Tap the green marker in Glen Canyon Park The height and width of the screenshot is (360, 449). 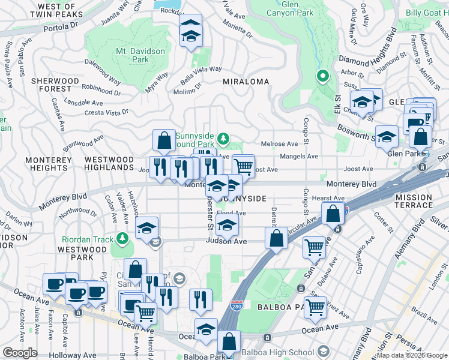(x=322, y=76)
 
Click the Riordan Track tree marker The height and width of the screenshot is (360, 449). (x=122, y=239)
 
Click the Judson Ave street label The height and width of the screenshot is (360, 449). (x=226, y=241)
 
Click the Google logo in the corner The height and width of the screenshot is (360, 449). (x=20, y=353)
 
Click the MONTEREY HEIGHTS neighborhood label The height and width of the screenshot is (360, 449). (x=48, y=164)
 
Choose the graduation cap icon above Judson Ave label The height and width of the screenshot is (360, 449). (x=227, y=225)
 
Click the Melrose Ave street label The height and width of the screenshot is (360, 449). (x=279, y=144)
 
